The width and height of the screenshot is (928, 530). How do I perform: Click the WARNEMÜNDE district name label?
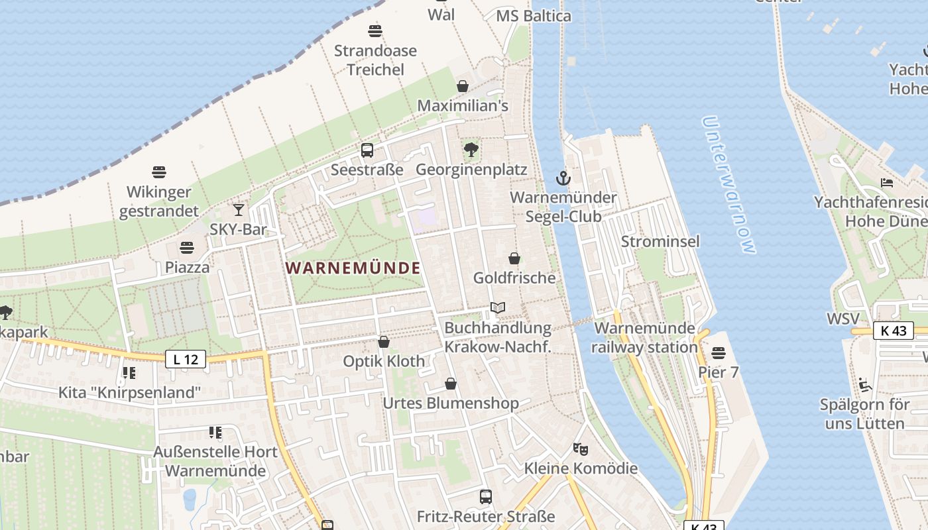tap(353, 268)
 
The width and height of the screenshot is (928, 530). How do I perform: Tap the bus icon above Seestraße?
tap(367, 150)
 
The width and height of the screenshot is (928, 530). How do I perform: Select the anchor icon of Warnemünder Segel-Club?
tap(563, 178)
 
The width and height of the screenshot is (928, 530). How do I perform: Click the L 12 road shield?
tap(185, 360)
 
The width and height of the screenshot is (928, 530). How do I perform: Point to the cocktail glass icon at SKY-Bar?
tap(239, 210)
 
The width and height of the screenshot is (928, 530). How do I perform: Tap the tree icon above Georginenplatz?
tap(471, 150)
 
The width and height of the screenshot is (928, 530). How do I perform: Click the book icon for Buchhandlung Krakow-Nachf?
tap(497, 308)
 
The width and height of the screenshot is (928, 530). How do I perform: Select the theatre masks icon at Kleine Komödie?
tap(581, 449)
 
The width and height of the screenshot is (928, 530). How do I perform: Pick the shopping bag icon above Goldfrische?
tap(514, 258)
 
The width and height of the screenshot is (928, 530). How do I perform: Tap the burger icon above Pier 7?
tap(719, 352)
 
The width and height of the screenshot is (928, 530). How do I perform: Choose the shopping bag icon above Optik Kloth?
tap(383, 342)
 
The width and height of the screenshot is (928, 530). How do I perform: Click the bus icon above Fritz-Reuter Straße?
tap(486, 496)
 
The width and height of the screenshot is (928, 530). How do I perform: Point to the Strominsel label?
tap(660, 241)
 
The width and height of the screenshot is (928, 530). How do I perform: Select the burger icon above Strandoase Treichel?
tap(375, 30)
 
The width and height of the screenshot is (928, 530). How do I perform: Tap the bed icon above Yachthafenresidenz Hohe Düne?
tap(887, 182)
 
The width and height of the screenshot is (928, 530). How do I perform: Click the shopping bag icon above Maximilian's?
tap(463, 86)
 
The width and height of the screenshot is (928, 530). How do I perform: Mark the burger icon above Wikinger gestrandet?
tap(159, 172)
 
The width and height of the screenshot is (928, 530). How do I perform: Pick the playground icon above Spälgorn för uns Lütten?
tap(865, 384)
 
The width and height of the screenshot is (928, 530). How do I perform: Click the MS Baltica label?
tap(534, 16)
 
